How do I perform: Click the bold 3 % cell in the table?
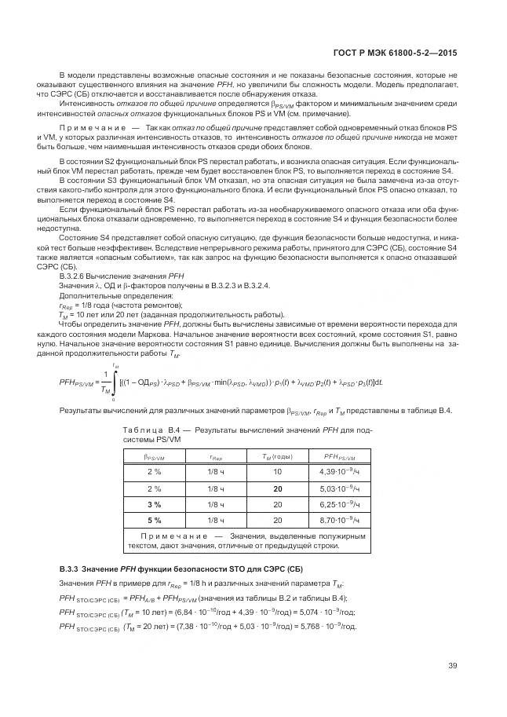coord(154,503)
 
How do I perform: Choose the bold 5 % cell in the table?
coord(154,520)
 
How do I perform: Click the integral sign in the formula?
coord(115,382)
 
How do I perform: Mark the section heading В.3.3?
coord(75,568)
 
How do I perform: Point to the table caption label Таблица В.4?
coord(154,430)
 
